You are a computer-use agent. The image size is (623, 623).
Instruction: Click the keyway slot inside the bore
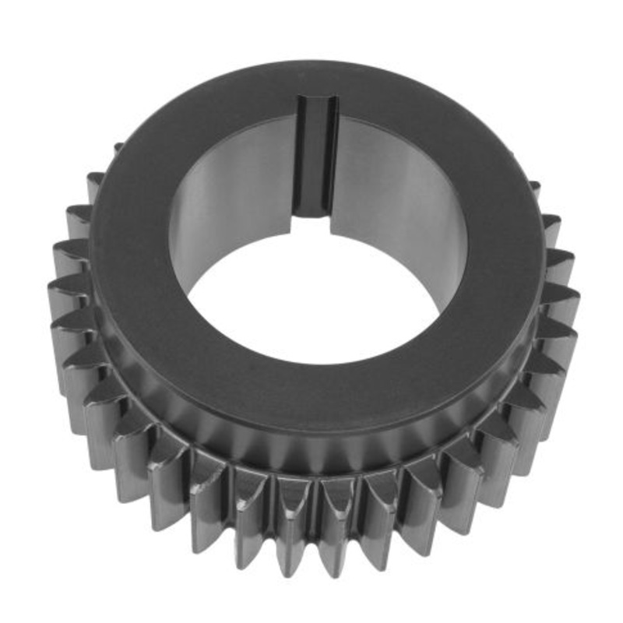[x=320, y=164]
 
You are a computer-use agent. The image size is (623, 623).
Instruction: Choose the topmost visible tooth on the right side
[x=534, y=187]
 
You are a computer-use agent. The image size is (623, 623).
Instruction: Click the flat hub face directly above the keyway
[x=319, y=78]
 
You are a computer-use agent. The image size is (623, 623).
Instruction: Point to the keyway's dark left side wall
[x=304, y=164]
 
